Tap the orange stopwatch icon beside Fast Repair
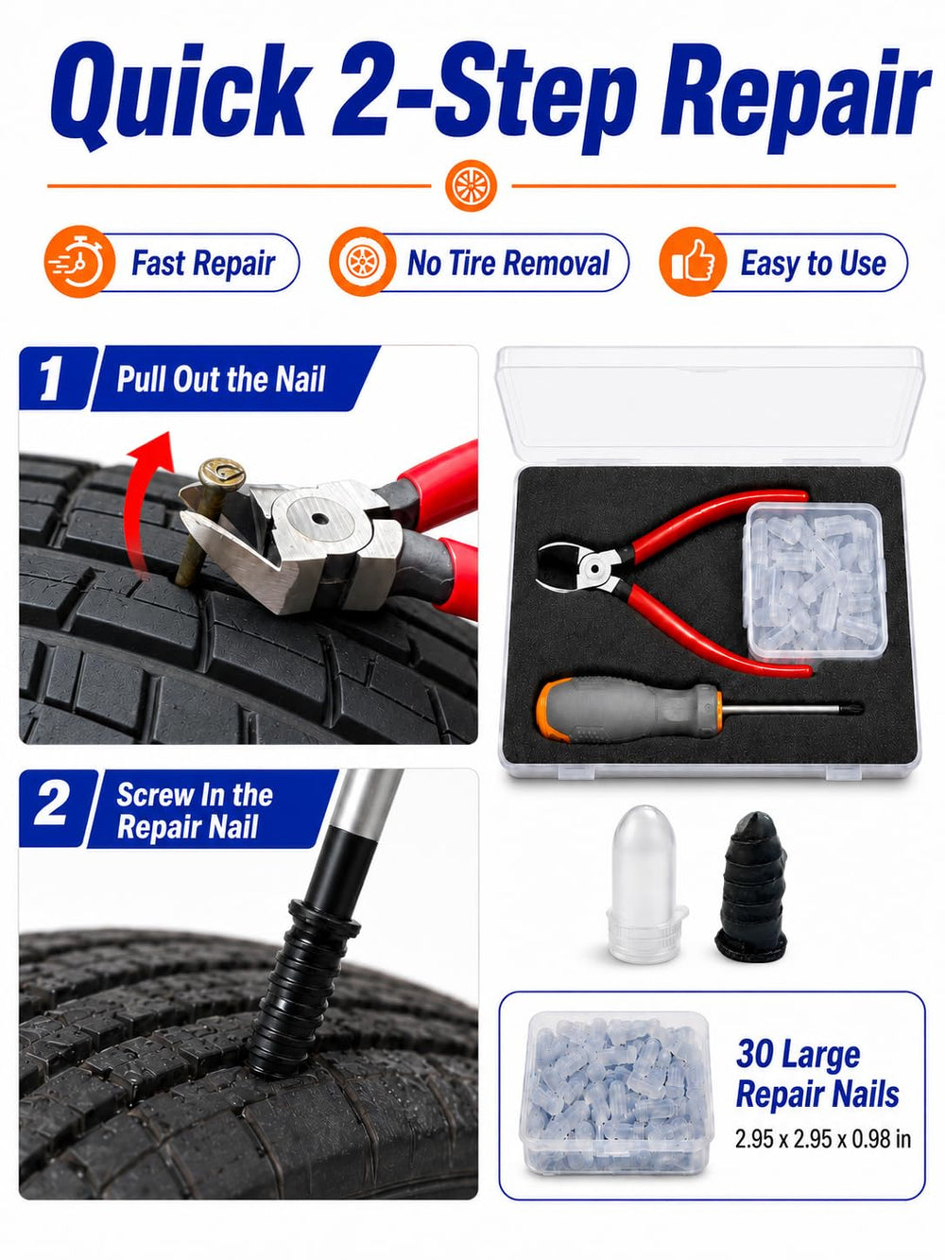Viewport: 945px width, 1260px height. click(79, 263)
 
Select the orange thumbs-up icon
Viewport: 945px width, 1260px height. click(693, 262)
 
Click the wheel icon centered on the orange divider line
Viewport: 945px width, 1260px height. click(471, 185)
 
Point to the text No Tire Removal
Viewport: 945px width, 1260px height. click(507, 263)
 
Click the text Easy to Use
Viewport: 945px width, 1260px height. click(813, 263)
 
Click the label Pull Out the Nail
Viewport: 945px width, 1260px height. click(221, 379)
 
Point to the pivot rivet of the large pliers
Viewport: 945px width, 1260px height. click(318, 520)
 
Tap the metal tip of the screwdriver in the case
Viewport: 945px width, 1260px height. click(855, 707)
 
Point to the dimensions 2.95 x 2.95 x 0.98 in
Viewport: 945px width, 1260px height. click(822, 1139)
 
